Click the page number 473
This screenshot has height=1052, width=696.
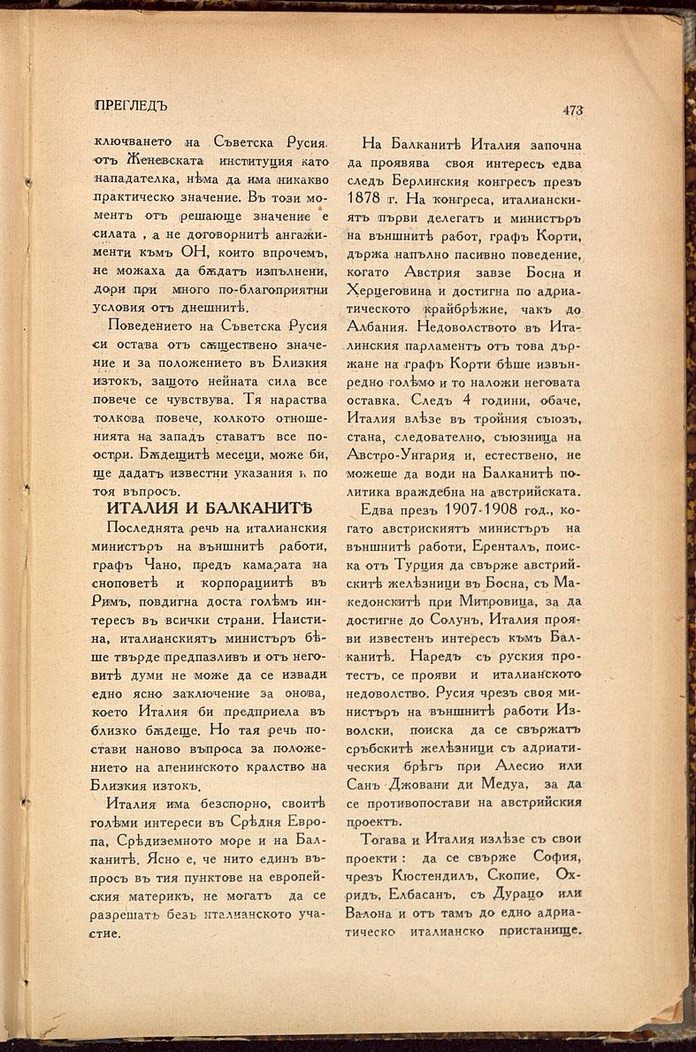[572, 111]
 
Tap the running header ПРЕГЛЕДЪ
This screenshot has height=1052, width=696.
[131, 105]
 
